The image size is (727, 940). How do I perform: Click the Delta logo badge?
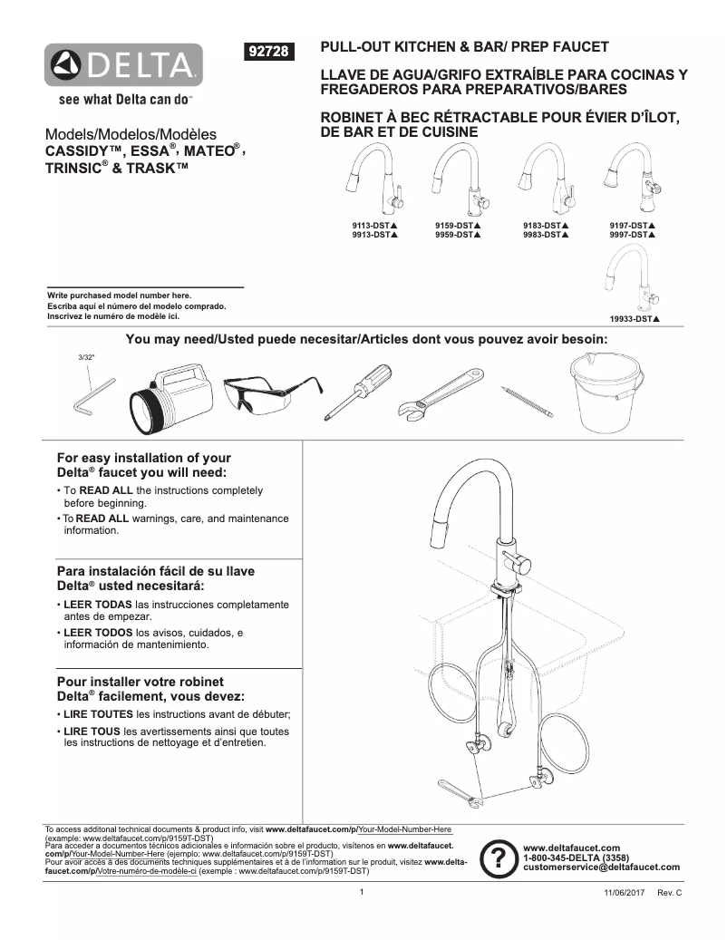click(x=125, y=64)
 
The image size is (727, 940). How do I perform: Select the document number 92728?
click(x=268, y=53)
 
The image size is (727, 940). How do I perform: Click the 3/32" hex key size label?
click(x=87, y=358)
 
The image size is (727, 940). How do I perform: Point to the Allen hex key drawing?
click(x=92, y=397)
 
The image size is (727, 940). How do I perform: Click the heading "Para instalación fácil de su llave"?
click(x=156, y=571)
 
